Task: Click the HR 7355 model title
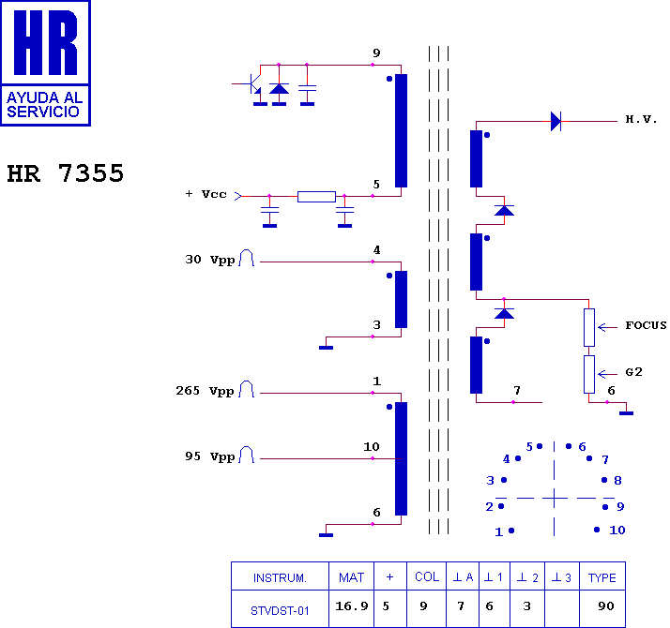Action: (66, 173)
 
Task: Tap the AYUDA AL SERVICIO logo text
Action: (44, 105)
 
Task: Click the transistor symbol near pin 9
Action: (255, 84)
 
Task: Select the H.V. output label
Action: (641, 119)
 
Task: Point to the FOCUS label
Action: (646, 325)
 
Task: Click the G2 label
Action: (633, 372)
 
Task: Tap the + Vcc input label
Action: (206, 194)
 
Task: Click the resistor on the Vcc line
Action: (316, 197)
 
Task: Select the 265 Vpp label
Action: (206, 391)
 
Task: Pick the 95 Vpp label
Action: (210, 456)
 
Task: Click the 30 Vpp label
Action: (210, 260)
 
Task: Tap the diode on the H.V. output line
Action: (556, 121)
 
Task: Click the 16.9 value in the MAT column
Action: (351, 606)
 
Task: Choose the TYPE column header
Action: (602, 577)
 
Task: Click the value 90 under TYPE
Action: (606, 606)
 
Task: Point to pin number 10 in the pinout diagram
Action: (617, 531)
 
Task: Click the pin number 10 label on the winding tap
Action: (372, 446)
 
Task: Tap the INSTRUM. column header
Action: (280, 577)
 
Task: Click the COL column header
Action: (427, 576)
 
